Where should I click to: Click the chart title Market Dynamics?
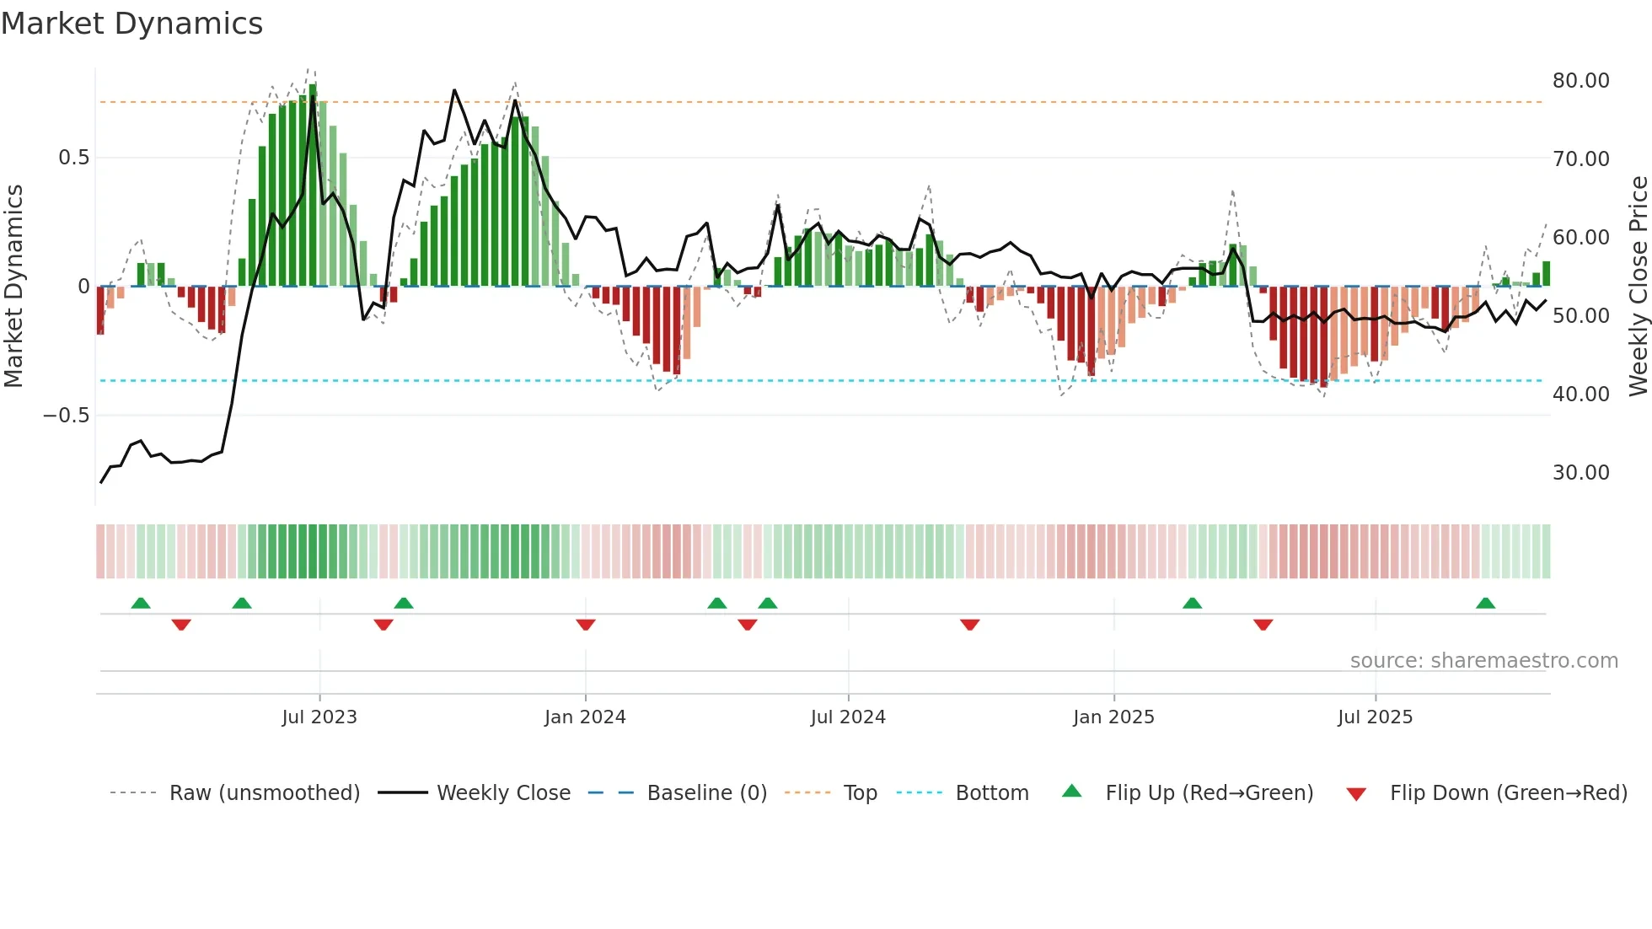[x=131, y=24]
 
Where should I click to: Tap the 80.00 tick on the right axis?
[x=1580, y=81]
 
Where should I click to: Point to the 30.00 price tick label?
[x=1580, y=473]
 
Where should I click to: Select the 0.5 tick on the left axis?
[x=73, y=158]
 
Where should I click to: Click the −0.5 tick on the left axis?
[x=67, y=416]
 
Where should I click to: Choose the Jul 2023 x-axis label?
[x=319, y=717]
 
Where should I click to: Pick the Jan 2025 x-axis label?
[x=1113, y=717]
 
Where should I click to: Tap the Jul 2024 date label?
[x=848, y=717]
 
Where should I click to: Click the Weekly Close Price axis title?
[x=1638, y=287]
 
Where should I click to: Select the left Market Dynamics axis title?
[x=13, y=287]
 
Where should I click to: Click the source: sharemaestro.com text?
[x=1483, y=661]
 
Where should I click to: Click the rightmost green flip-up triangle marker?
[x=1485, y=604]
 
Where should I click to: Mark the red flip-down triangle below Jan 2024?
[x=586, y=625]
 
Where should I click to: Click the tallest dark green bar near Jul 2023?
[x=313, y=185]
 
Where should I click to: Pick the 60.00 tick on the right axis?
[x=1580, y=238]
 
